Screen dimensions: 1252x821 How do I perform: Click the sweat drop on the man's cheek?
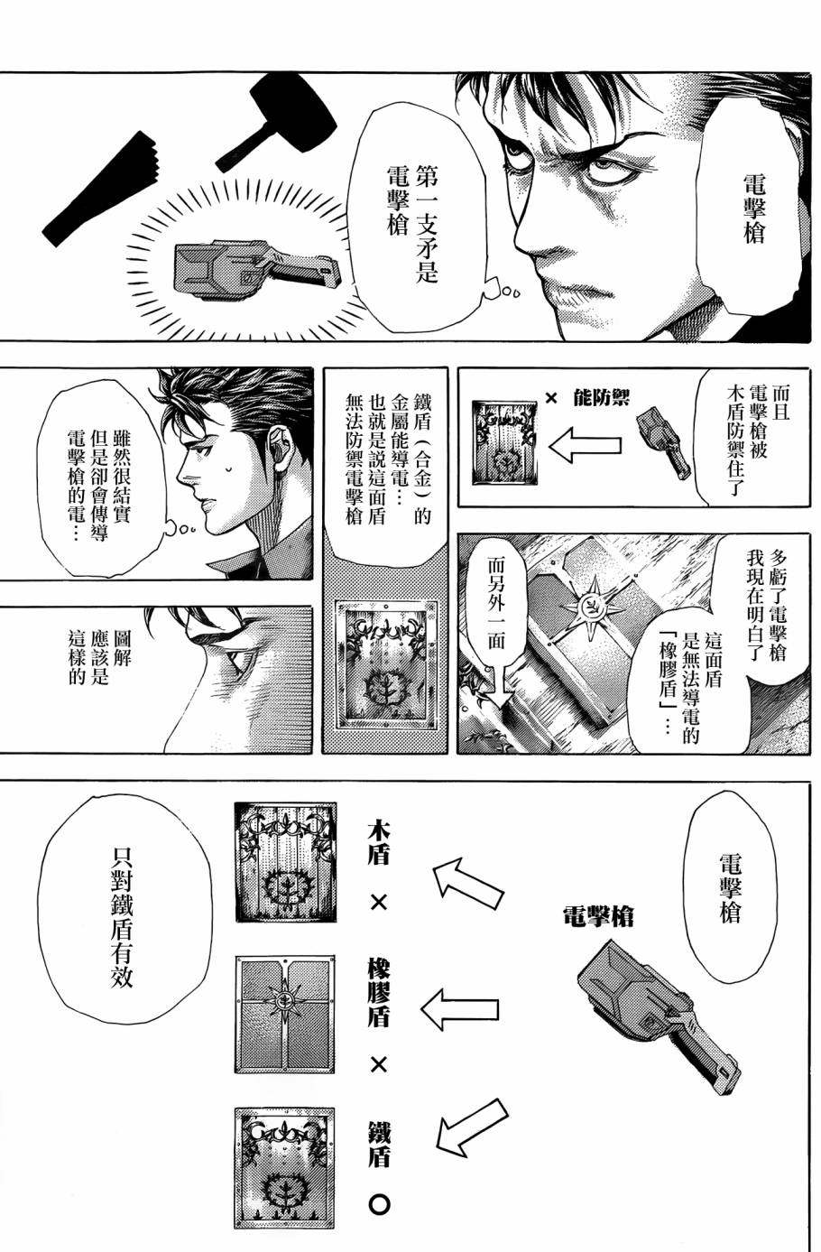228,468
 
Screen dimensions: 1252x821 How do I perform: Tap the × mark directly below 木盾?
378,902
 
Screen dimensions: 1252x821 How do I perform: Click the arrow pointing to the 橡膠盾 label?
461,1007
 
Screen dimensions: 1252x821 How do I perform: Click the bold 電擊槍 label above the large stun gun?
597,916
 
